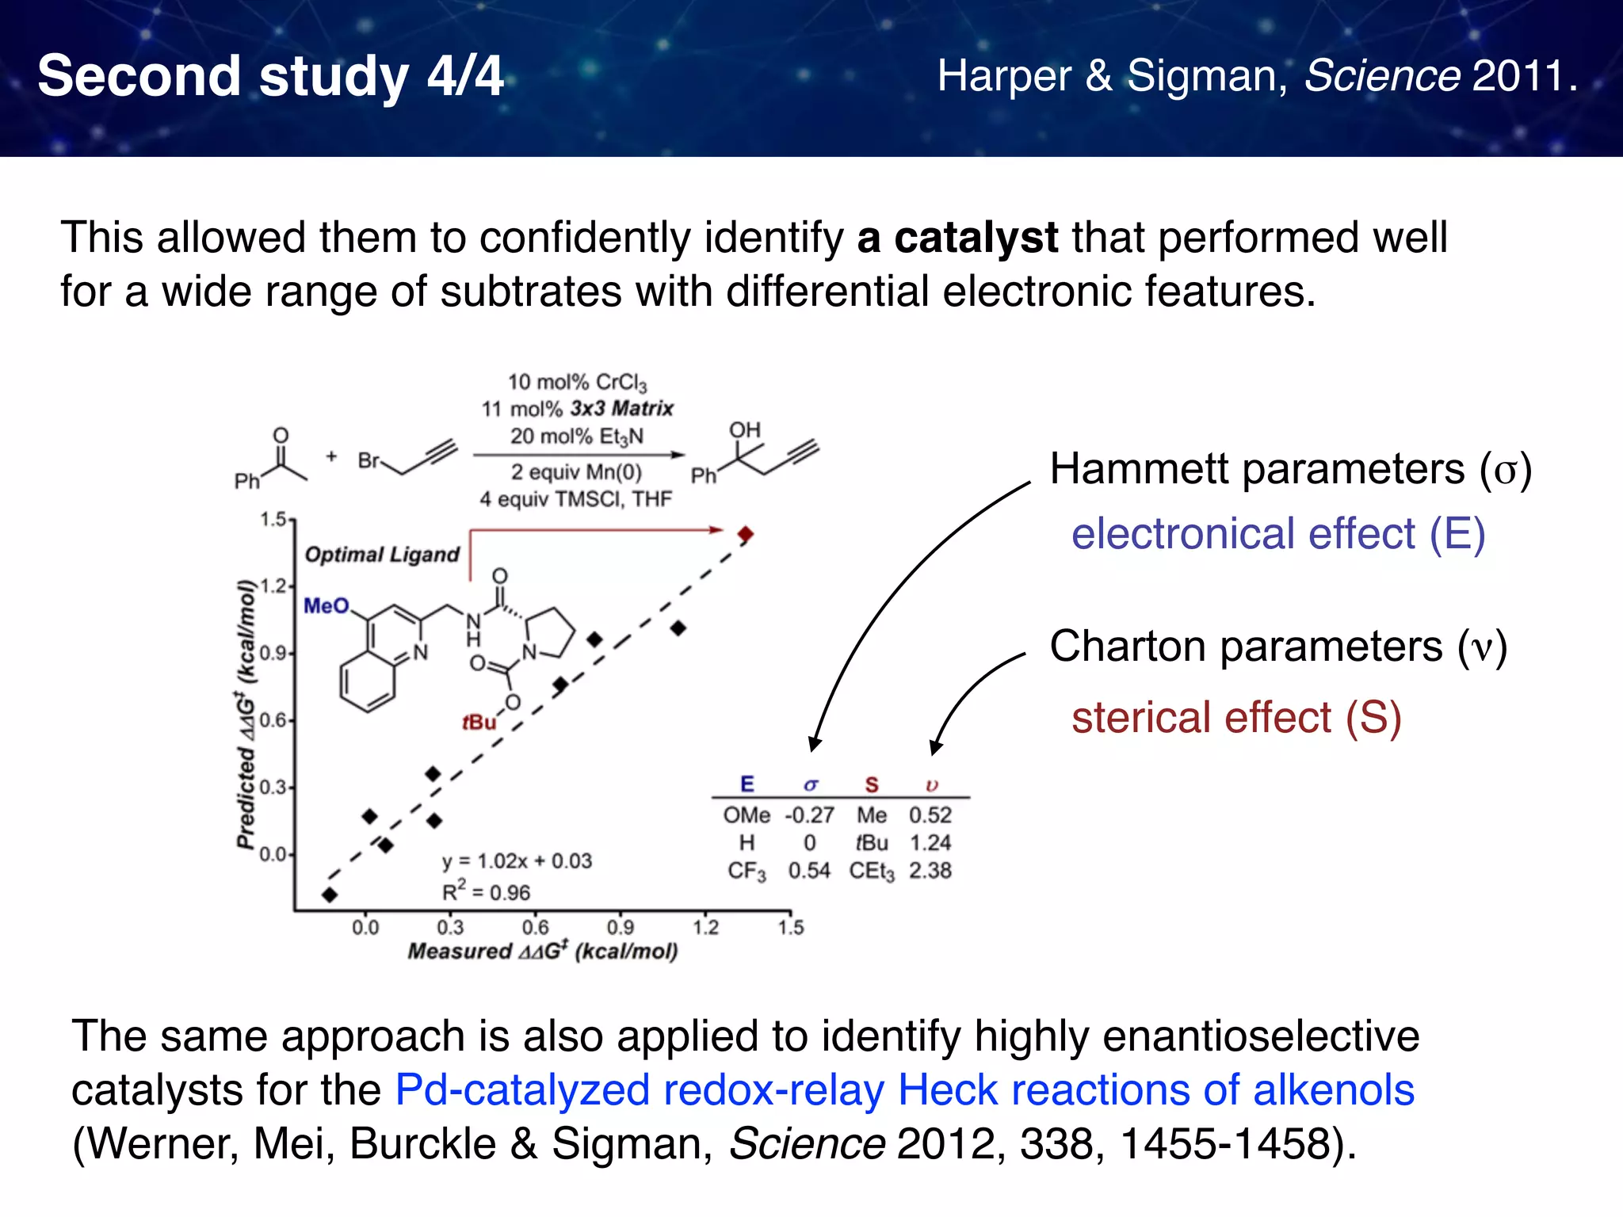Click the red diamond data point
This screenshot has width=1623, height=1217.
(x=745, y=535)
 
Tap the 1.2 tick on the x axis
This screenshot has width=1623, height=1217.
(x=705, y=926)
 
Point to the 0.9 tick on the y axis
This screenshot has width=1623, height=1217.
(x=273, y=654)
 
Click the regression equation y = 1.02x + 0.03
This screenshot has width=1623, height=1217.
(x=517, y=861)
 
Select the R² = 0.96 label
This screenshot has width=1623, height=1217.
(x=486, y=893)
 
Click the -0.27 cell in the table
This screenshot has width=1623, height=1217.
(x=809, y=815)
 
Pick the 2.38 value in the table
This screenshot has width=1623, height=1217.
(x=930, y=871)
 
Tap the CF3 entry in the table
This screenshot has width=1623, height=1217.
(x=747, y=872)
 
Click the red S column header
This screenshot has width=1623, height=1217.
(x=872, y=784)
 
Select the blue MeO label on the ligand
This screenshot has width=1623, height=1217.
(x=327, y=606)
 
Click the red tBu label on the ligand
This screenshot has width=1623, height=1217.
(x=479, y=722)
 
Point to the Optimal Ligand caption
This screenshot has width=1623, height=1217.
(x=382, y=555)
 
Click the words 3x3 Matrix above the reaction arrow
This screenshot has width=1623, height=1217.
(x=622, y=409)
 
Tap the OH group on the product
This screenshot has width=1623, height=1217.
(x=744, y=430)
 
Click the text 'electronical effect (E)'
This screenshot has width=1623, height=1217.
(x=1277, y=533)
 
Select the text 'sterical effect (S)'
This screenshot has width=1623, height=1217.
(x=1236, y=718)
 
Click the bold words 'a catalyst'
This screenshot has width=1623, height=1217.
(x=957, y=238)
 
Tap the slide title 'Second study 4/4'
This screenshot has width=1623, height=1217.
(x=270, y=76)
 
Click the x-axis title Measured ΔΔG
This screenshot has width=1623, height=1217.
(x=543, y=951)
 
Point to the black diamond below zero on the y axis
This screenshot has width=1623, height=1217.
(x=330, y=895)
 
